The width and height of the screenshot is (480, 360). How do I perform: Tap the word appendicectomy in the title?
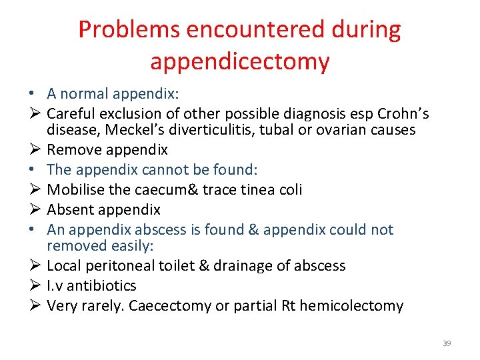(x=240, y=61)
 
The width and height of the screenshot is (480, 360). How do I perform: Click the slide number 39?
(x=447, y=343)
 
